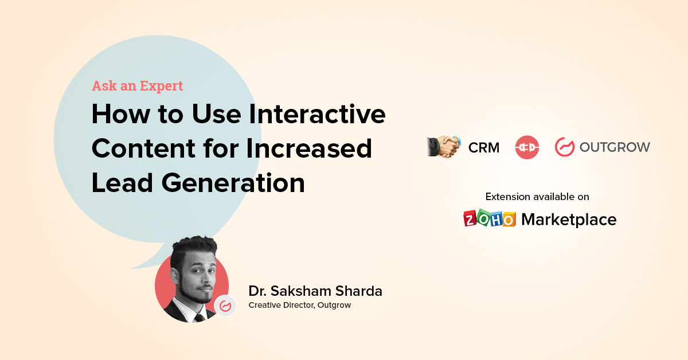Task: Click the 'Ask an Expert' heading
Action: (137, 86)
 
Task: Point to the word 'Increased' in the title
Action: (310, 148)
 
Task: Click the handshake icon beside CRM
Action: (444, 147)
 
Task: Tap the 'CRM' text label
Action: (483, 148)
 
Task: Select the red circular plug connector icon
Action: (527, 147)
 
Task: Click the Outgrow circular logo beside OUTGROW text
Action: (564, 147)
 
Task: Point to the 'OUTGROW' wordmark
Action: (615, 147)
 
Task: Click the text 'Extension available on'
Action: (537, 197)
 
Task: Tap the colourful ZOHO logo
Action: (490, 219)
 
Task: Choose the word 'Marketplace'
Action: (569, 220)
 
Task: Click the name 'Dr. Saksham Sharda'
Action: (315, 291)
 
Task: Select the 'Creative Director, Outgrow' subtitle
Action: (299, 306)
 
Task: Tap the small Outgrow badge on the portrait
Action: (225, 306)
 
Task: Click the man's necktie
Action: (199, 317)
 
